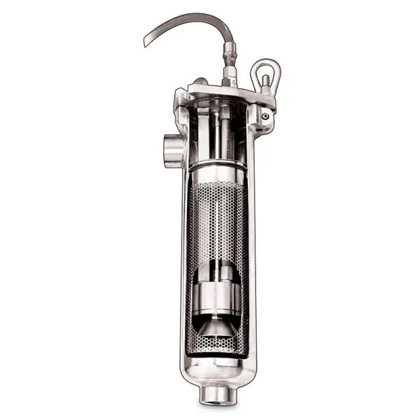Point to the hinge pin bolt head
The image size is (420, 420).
[x=265, y=116]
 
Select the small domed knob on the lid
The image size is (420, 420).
[x=202, y=83]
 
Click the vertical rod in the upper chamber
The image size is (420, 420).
[x=222, y=133]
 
